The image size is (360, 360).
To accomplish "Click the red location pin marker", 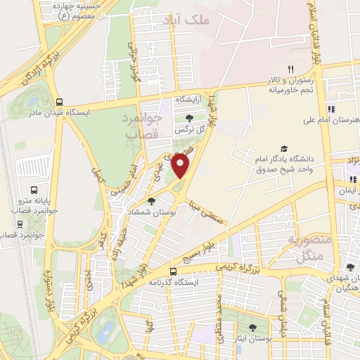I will tap(181, 167).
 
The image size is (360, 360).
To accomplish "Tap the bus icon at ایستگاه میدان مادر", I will tap(60, 101).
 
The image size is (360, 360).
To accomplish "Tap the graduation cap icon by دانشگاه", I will tap(283, 148).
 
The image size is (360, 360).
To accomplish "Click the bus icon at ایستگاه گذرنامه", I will tap(174, 271).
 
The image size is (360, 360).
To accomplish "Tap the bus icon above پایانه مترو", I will tap(33, 190).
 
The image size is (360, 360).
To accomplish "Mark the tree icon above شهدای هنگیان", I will tap(349, 267).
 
